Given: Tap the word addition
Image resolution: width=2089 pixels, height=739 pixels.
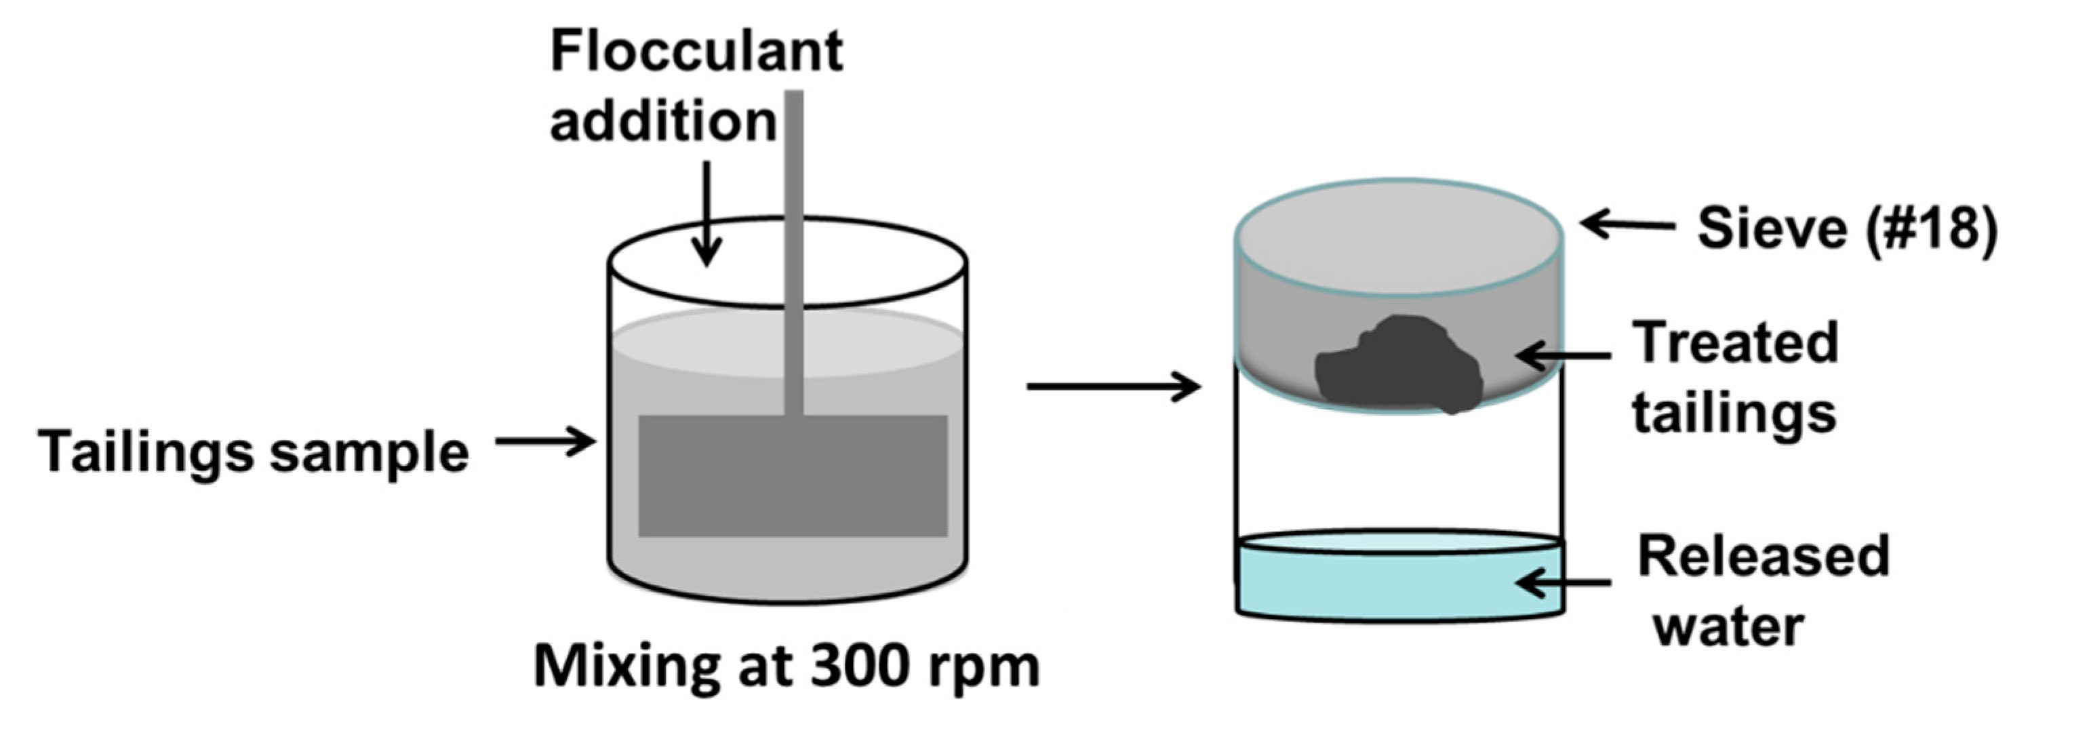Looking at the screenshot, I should click(x=662, y=121).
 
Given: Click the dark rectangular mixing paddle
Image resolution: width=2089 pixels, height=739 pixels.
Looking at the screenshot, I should click(x=793, y=476).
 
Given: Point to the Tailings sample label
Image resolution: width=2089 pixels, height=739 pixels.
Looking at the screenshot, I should click(x=253, y=452).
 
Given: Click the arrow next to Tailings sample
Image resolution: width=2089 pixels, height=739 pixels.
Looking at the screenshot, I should click(x=545, y=442).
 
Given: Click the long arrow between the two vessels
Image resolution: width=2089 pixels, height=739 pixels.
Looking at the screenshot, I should click(x=1113, y=387).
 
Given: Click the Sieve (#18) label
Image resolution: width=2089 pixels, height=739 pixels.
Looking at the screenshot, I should click(x=1846, y=228).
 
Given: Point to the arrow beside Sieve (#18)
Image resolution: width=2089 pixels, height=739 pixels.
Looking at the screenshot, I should click(x=1627, y=224).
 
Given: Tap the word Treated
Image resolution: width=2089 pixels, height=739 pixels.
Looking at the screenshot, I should click(x=1736, y=343).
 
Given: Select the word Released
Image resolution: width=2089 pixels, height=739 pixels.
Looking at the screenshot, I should click(x=1763, y=557).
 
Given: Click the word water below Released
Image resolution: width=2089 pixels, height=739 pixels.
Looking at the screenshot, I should click(x=1728, y=626).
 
